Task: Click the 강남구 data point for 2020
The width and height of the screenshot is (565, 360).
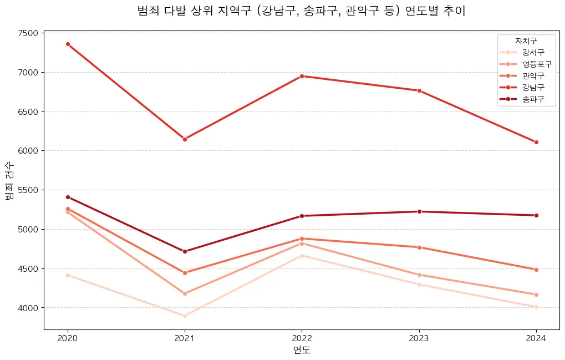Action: [68, 44]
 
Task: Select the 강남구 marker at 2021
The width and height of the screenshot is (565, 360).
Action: [185, 139]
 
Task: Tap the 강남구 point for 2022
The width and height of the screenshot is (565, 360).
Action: [302, 76]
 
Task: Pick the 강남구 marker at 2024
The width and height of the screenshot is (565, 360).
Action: [536, 142]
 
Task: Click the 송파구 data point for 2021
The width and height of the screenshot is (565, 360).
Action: [185, 251]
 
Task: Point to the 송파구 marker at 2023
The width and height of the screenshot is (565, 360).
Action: [419, 211]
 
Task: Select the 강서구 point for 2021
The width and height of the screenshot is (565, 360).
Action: [185, 316]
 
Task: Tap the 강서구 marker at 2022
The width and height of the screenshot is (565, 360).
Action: [302, 256]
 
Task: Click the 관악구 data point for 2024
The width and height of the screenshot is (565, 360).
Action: [536, 270]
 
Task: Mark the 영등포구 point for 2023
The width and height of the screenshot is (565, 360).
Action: [419, 275]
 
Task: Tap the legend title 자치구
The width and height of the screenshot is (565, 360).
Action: [526, 40]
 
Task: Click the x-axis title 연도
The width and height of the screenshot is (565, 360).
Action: [302, 350]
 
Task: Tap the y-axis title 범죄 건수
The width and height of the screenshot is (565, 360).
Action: [9, 181]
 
